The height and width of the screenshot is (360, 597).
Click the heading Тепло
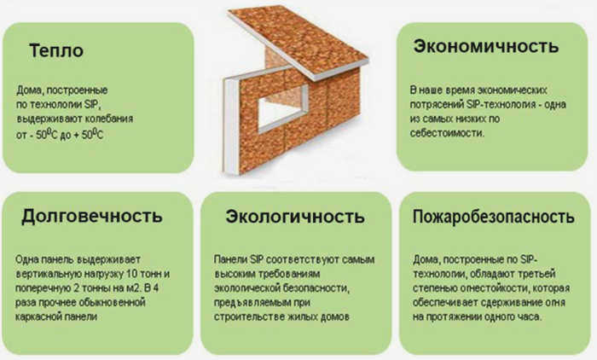tap(56, 50)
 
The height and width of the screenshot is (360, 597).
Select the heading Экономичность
tap(486, 46)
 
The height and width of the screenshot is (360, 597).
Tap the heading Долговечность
tap(92, 216)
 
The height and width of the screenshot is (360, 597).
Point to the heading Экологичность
tap(295, 217)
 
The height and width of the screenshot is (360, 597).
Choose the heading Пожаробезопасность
tap(494, 217)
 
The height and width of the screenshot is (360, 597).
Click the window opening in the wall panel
tap(282, 109)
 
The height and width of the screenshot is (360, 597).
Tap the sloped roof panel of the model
tap(298, 42)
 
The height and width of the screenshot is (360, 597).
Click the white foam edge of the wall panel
tap(231, 125)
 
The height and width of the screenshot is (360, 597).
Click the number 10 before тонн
tap(131, 274)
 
